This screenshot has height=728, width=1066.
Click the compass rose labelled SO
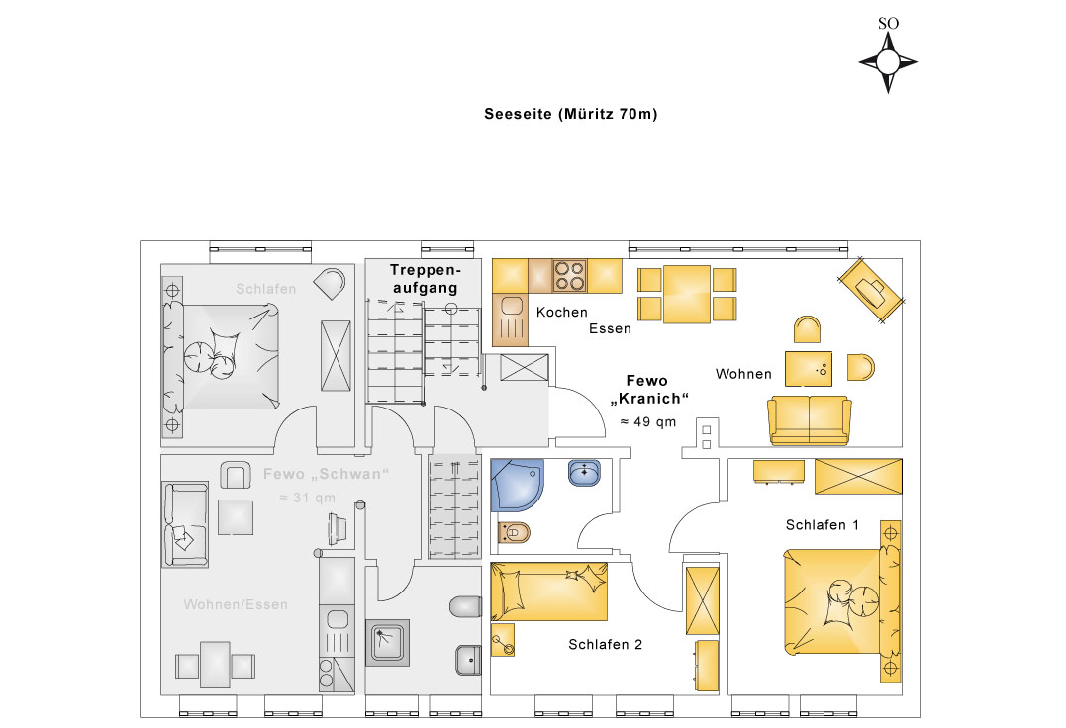pos(888,61)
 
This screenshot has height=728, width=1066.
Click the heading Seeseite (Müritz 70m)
pos(570,114)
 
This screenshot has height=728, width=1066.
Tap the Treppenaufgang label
pos(425,278)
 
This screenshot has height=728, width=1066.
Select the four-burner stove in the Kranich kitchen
pos(569,276)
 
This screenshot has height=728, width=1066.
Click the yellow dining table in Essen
pos(687,294)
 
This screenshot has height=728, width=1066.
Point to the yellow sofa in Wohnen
pos(809,420)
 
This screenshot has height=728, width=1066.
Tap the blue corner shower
pos(517,485)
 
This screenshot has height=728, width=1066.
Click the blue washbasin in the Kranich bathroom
pos(584,473)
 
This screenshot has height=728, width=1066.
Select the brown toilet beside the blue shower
pos(514,533)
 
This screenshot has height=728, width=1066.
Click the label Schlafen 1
pos(822,525)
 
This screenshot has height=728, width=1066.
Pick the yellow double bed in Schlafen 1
pos(842,601)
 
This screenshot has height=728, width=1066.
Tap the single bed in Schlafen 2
pos(548,591)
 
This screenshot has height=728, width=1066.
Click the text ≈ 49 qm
pos(648,421)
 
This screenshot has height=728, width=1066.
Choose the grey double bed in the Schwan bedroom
pos(221,356)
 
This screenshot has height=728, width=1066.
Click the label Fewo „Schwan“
pos(326,474)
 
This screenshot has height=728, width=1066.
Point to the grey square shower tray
pos(388,642)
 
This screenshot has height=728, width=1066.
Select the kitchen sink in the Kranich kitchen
pos(510,319)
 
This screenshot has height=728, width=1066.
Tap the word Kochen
pos(561,313)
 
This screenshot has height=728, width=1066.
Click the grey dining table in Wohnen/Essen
pos(215,664)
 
